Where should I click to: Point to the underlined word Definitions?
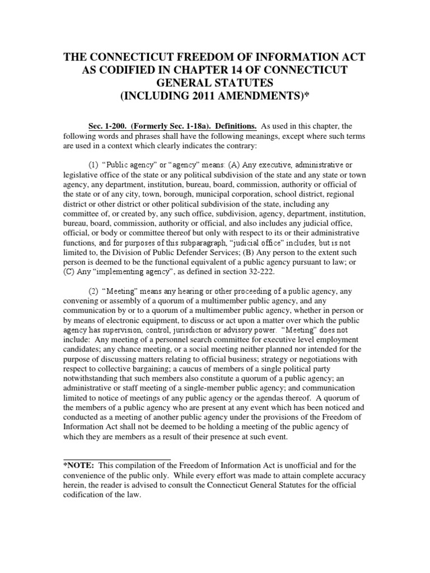222,126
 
